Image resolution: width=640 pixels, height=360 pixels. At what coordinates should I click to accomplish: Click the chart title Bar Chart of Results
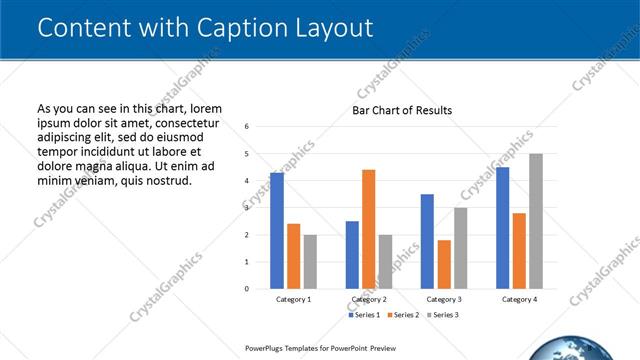coord(402,110)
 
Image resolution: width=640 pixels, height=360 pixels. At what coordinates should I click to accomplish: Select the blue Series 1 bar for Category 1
coord(276,230)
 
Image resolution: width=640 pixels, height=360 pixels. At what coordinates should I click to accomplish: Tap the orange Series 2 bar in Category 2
coord(369,229)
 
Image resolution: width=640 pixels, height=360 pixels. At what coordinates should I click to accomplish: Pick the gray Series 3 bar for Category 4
coord(536,221)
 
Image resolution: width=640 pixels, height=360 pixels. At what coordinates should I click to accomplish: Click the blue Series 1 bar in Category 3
coord(427,241)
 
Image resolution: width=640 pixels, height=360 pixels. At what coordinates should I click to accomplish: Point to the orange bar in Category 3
coord(444,264)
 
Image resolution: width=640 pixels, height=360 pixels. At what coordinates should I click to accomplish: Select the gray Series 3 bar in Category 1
coord(310,262)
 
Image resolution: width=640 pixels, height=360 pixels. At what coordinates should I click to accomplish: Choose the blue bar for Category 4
coord(502,228)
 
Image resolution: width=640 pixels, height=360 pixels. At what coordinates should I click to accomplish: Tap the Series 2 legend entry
coord(402,315)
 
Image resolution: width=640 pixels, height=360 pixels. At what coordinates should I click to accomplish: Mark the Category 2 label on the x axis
coord(369,299)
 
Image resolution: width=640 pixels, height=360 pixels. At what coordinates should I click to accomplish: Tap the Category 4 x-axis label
coord(519,299)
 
